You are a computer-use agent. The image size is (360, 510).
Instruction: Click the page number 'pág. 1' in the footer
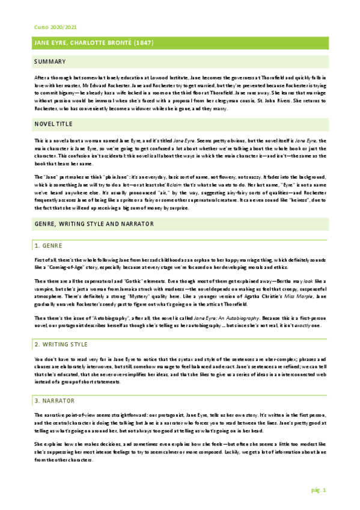(x=319, y=490)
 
